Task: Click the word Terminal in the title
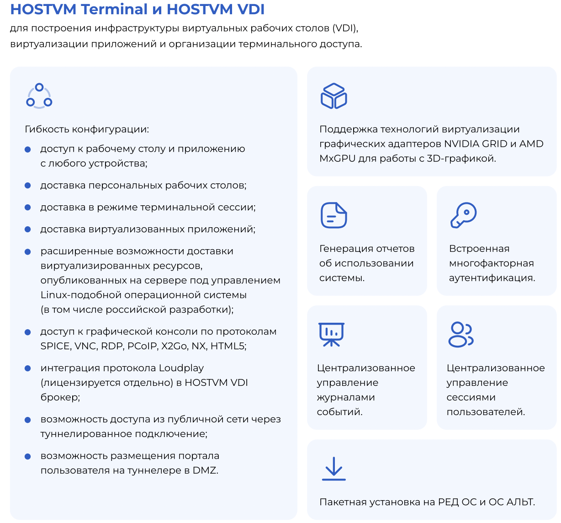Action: pos(107,10)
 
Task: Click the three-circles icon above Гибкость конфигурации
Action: pos(39,96)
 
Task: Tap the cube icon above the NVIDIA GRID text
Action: pos(333,96)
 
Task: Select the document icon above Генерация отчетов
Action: pos(333,215)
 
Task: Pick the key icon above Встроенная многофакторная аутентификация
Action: pos(463,215)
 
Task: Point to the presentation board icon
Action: pos(331,334)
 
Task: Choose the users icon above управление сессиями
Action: pos(461,335)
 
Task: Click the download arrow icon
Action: pos(333,469)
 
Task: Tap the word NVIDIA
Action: pos(462,144)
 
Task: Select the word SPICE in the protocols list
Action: pos(55,346)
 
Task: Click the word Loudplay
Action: pos(181,368)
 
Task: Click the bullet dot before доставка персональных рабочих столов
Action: pos(28,186)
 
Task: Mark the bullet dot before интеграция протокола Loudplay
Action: pos(28,368)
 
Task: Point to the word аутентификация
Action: pos(492,278)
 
